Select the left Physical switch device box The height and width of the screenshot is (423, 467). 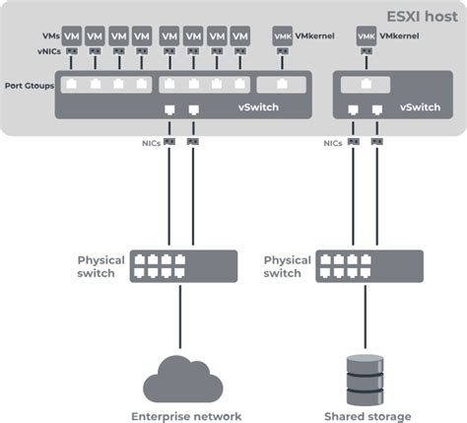[x=183, y=266]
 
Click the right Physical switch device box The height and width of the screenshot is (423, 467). [x=368, y=266]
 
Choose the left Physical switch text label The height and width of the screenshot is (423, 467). [x=101, y=266]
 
